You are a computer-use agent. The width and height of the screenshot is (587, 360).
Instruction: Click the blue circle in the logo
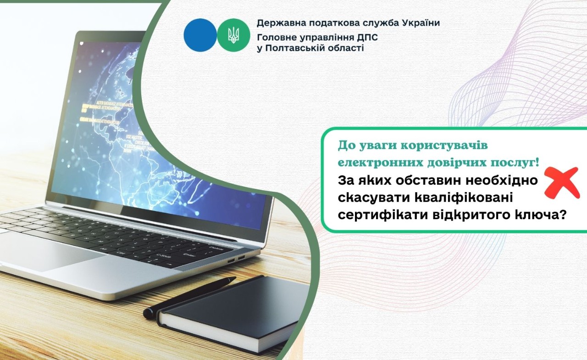click(x=200, y=35)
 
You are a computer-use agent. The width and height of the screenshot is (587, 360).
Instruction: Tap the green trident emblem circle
click(x=233, y=35)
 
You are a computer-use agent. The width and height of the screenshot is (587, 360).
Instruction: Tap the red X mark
click(x=561, y=183)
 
